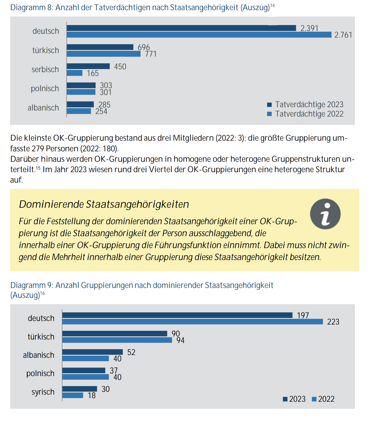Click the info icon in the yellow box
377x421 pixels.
pos(325,214)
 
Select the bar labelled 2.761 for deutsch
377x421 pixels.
pos(199,35)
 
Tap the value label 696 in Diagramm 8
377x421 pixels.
pos(144,47)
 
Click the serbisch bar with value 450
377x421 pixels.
pos(88,66)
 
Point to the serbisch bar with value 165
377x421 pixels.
pos(75,73)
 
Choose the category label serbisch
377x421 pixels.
pos(45,69)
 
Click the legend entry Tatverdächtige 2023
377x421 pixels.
pos(305,104)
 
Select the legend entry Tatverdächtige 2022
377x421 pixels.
pos(305,114)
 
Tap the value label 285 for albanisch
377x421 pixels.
pos(104,105)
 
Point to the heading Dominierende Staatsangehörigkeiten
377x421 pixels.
pos(104,204)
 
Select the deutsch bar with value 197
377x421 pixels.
pos(177,315)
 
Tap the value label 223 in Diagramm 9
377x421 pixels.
pos(333,322)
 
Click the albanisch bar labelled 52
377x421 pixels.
pos(93,352)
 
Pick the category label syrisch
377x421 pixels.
pos(43,392)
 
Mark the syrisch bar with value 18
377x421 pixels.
pos(73,395)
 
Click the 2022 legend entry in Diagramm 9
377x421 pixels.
pos(323,399)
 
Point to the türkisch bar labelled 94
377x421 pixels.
pos(117,340)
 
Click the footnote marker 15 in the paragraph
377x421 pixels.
pos(38,168)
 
